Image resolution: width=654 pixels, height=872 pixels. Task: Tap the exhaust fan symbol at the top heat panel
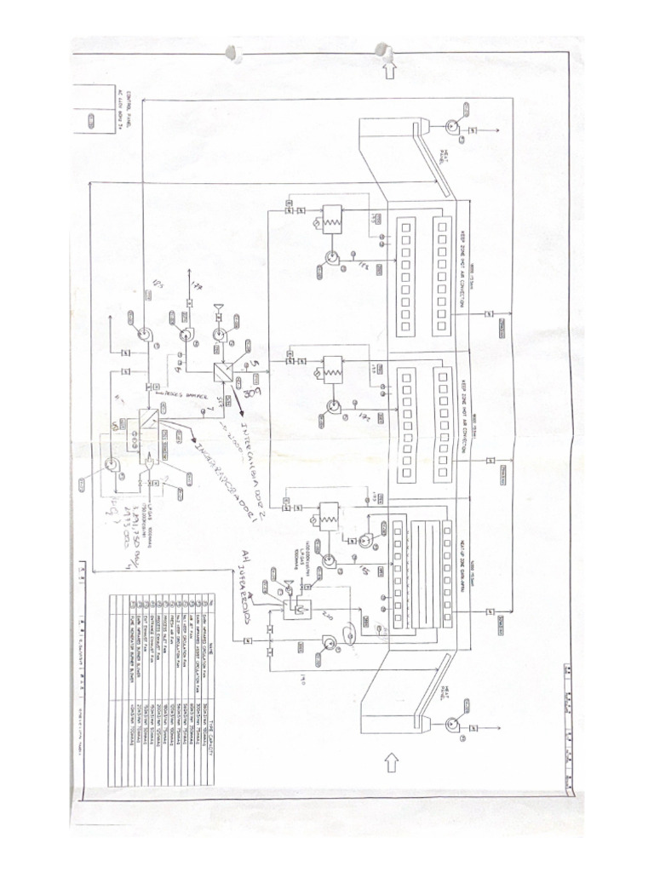pyautogui.click(x=450, y=127)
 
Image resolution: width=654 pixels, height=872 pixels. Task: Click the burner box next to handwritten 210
pyautogui.click(x=300, y=610)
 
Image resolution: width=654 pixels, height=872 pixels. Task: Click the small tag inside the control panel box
pyautogui.click(x=88, y=122)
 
